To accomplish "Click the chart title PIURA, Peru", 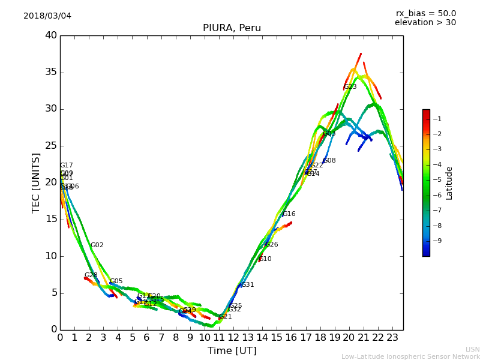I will tap(232, 28).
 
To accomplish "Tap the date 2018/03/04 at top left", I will tap(47, 16).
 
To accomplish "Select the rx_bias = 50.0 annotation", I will tap(425, 13).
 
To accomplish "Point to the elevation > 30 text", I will tap(425, 23).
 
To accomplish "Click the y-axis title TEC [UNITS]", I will tap(37, 183).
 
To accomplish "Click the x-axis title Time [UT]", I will tap(232, 350).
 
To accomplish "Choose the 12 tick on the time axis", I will tap(233, 338).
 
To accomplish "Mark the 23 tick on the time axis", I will tap(392, 338).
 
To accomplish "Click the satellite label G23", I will tap(350, 87).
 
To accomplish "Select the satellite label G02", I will tap(97, 245).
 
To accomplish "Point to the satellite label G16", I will tap(289, 214).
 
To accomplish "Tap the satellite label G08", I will tap(329, 161).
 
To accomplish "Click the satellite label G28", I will tap(91, 275).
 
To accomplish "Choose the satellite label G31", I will tap(248, 285).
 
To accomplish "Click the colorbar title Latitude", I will tap(449, 183).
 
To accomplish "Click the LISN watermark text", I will tap(473, 349).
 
